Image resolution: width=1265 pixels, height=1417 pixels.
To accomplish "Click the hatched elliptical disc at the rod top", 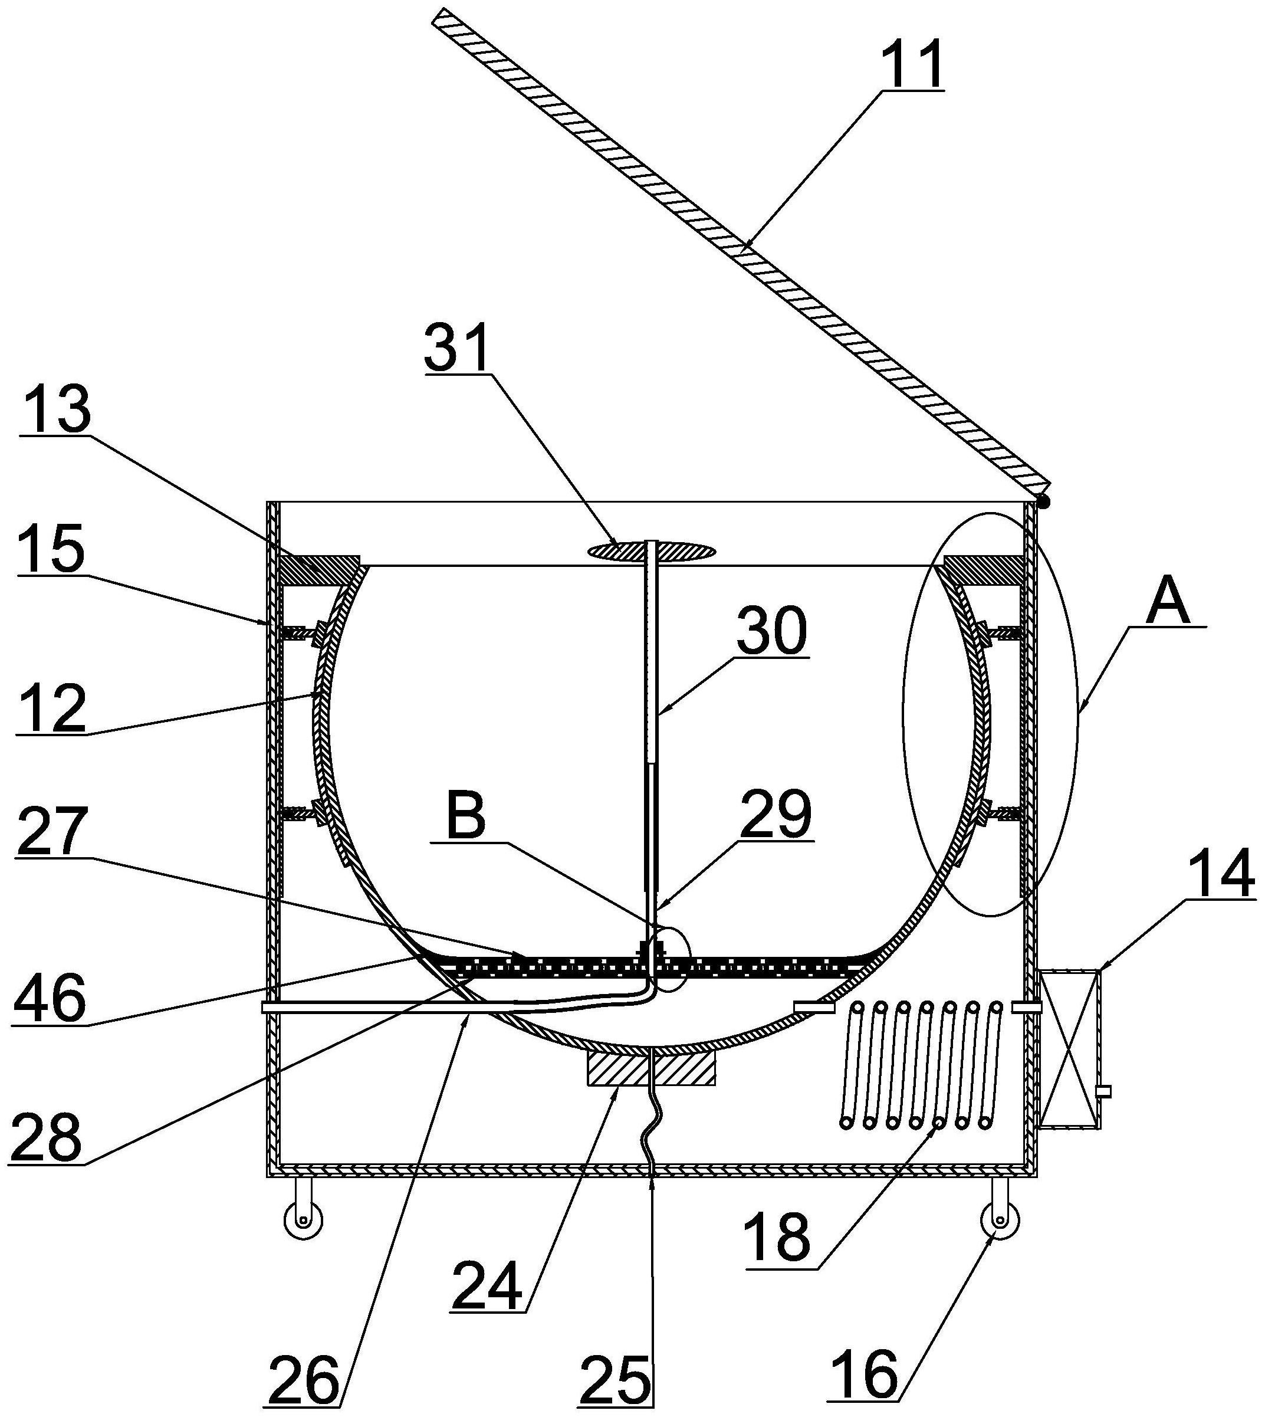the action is (651, 550).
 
